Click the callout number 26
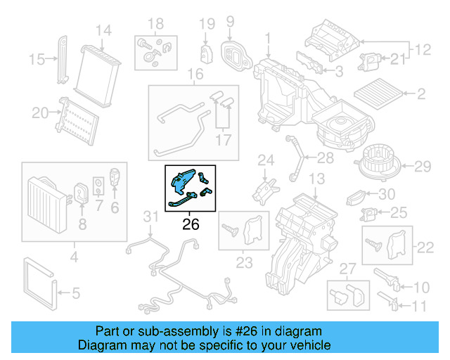tap(191, 225)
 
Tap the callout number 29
tap(421, 167)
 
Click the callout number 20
tap(40, 112)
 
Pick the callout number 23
tap(243, 264)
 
